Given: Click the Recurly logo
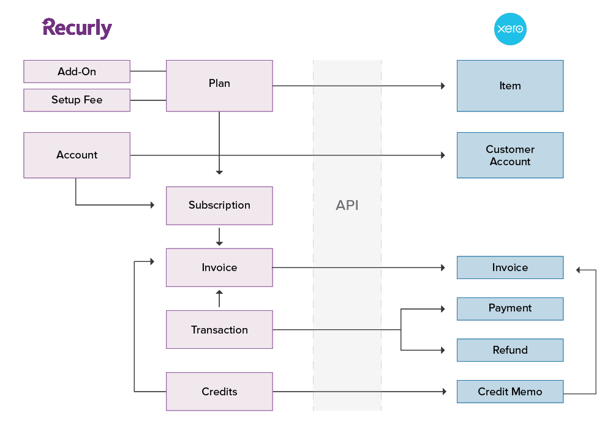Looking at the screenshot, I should click(77, 28).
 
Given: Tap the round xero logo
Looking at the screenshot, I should click(510, 29).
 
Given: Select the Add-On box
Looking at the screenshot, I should click(77, 72).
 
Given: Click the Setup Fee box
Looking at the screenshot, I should click(77, 100).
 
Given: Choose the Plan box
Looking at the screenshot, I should click(219, 86).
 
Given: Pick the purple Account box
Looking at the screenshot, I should click(77, 155).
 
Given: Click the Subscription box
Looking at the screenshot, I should click(219, 206).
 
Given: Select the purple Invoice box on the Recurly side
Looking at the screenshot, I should click(219, 267).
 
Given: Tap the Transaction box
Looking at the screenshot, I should click(219, 330).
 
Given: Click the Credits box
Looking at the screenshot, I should click(219, 392).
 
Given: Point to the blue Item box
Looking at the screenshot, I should click(510, 86).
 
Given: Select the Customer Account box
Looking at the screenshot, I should click(510, 155).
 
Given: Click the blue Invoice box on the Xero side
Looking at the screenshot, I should click(510, 267).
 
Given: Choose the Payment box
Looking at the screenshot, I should click(510, 308).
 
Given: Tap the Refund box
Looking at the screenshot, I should click(510, 350).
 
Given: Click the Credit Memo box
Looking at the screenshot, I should click(510, 392).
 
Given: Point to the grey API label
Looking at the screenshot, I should click(347, 206).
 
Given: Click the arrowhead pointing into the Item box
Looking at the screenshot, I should click(442, 86).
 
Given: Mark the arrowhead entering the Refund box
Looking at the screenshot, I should click(442, 350).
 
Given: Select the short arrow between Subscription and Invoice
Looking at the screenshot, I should click(219, 237).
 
